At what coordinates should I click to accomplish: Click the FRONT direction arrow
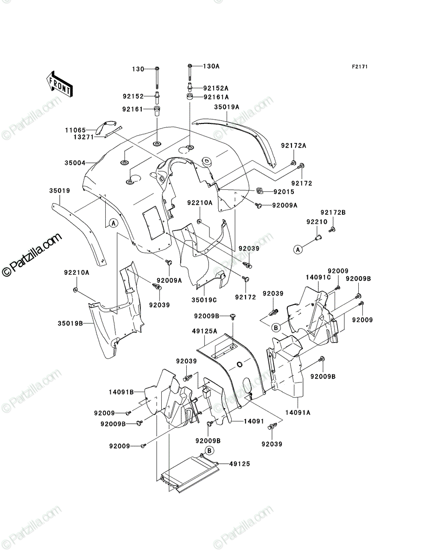click(x=59, y=84)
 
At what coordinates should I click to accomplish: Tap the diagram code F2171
click(x=360, y=67)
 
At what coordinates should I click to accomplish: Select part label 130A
click(x=211, y=66)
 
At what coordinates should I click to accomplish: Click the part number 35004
click(x=75, y=162)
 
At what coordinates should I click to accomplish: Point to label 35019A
click(x=227, y=107)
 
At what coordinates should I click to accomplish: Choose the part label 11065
click(x=76, y=130)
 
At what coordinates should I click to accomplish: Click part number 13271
click(x=83, y=137)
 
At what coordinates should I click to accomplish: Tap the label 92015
click(x=284, y=192)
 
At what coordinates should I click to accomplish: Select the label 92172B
click(x=333, y=213)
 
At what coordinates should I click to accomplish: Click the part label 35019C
click(x=204, y=300)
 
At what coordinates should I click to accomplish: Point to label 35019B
click(x=70, y=323)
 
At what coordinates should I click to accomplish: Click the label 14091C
click(x=318, y=278)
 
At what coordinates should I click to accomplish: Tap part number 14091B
click(x=121, y=392)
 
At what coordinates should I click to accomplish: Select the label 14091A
click(x=298, y=413)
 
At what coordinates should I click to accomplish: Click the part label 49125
click(x=240, y=464)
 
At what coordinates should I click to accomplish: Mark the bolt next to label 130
click(x=157, y=78)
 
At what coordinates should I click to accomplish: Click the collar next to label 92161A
click(x=190, y=97)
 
